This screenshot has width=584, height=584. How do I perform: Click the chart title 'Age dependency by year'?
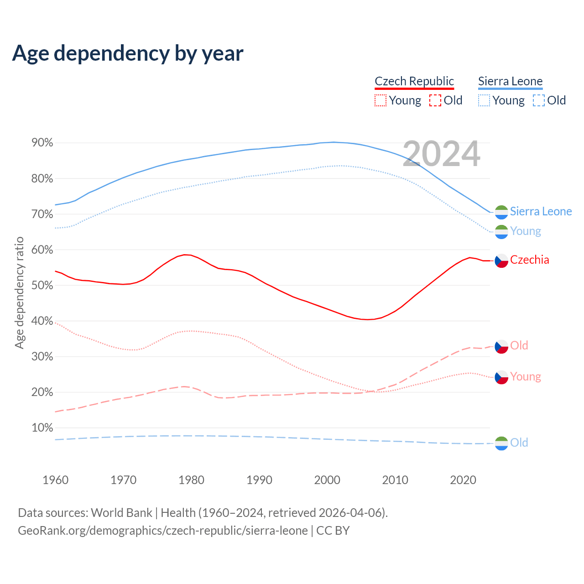(128, 53)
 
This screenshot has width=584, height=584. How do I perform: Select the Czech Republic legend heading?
(414, 81)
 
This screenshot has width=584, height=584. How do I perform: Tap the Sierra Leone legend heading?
(510, 81)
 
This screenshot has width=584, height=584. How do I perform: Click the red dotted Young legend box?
(381, 100)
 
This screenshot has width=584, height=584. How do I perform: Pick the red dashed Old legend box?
(435, 100)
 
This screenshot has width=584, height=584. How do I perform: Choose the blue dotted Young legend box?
(484, 100)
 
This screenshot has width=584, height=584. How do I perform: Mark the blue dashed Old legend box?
(539, 100)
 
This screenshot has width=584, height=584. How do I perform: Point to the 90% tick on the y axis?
(42, 143)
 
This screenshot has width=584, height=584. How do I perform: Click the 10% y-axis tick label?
(42, 428)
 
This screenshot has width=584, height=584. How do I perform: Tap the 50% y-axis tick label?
(42, 286)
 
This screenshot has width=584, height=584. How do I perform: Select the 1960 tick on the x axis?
(55, 480)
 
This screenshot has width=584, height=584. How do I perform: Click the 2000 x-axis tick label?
(327, 480)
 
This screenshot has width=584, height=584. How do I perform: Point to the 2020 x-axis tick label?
(463, 480)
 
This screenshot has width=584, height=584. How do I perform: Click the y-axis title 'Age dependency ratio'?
(19, 292)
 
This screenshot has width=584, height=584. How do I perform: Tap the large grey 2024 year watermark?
(441, 154)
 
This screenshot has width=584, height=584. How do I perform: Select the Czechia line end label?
(529, 260)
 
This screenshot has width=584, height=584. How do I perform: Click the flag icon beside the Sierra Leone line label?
(501, 212)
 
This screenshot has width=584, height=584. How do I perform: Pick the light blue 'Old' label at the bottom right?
(519, 443)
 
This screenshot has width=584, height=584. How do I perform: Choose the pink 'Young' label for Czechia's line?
(525, 377)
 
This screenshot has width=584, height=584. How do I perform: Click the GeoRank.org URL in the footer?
(163, 531)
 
